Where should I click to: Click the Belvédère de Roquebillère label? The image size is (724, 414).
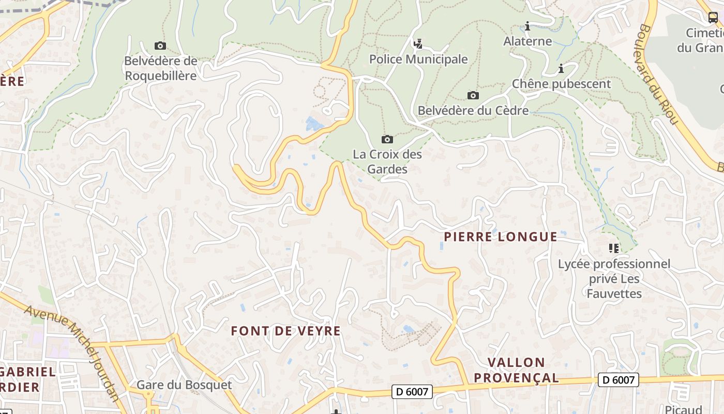[x=160, y=68]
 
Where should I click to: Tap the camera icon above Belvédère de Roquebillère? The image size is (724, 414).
[x=160, y=46]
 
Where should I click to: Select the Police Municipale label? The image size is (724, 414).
[x=418, y=59]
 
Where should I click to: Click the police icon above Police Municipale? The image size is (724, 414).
[x=418, y=44]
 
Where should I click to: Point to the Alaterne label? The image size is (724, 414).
[x=527, y=41]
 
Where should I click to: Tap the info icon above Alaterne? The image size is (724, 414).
[x=527, y=26]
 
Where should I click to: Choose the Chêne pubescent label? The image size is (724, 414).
[x=561, y=84]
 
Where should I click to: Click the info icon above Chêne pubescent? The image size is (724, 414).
[x=561, y=68]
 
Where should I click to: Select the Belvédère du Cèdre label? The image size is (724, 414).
[x=473, y=110]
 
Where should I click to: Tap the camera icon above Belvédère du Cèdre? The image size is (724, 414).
[x=473, y=95]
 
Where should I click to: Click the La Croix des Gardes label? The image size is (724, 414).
[x=387, y=161]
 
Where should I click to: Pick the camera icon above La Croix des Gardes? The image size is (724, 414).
[x=387, y=139]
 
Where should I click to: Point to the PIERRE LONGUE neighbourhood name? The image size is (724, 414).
[x=501, y=237]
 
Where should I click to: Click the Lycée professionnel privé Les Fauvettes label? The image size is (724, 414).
[x=614, y=279]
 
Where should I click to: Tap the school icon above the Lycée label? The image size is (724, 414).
[x=614, y=248]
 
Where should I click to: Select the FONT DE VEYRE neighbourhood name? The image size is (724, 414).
[x=285, y=331]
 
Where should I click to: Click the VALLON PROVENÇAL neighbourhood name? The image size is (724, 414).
[x=516, y=370]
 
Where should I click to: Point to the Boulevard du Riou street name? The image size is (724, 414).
[x=658, y=74]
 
